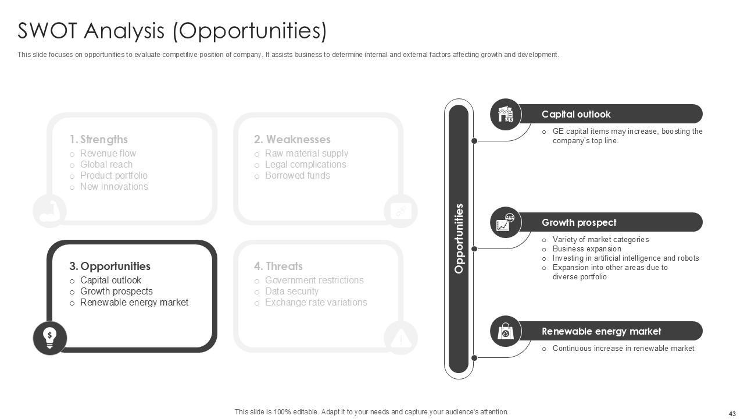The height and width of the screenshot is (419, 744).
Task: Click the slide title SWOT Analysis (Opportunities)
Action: (x=172, y=31)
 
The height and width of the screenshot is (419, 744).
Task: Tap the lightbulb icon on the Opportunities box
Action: (x=50, y=338)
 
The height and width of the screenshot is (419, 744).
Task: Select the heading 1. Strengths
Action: (x=98, y=140)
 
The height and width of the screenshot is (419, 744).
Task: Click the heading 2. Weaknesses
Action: (x=292, y=140)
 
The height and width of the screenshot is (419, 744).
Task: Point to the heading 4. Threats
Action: (x=278, y=267)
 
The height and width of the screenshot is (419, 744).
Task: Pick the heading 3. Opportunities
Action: (x=110, y=267)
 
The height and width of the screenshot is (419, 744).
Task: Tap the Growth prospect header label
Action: (x=579, y=222)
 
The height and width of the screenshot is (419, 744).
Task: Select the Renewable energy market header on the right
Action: (x=601, y=331)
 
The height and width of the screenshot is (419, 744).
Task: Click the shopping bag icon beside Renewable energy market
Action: (x=506, y=332)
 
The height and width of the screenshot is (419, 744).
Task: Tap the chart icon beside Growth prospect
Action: (x=506, y=222)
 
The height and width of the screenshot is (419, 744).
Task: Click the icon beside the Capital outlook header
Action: (x=506, y=114)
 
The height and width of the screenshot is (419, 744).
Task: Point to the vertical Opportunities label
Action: (x=459, y=239)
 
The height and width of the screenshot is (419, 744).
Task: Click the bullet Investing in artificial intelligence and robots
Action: (x=625, y=258)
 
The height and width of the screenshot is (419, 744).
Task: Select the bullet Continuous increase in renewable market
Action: (x=623, y=349)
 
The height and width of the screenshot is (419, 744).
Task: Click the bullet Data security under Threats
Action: (x=291, y=292)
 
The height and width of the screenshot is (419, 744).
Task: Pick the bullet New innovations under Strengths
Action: (x=114, y=187)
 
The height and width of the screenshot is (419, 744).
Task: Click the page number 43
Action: (x=732, y=413)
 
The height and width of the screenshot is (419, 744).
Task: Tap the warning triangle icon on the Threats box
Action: (x=400, y=338)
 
